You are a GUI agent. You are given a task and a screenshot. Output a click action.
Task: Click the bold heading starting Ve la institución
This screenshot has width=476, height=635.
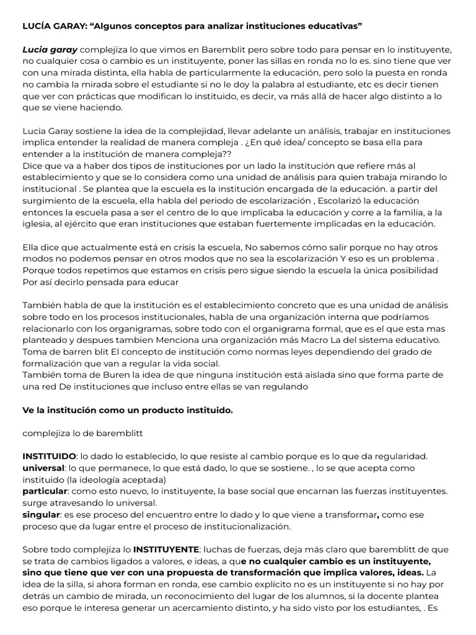(128, 410)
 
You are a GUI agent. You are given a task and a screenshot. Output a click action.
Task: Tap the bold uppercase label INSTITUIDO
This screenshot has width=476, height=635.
(50, 456)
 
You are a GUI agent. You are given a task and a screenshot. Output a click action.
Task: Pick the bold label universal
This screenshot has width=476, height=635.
(43, 468)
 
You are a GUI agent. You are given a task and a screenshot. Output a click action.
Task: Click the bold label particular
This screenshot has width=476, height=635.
(45, 491)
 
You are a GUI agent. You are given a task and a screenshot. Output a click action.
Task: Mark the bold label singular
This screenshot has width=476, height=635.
(41, 515)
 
